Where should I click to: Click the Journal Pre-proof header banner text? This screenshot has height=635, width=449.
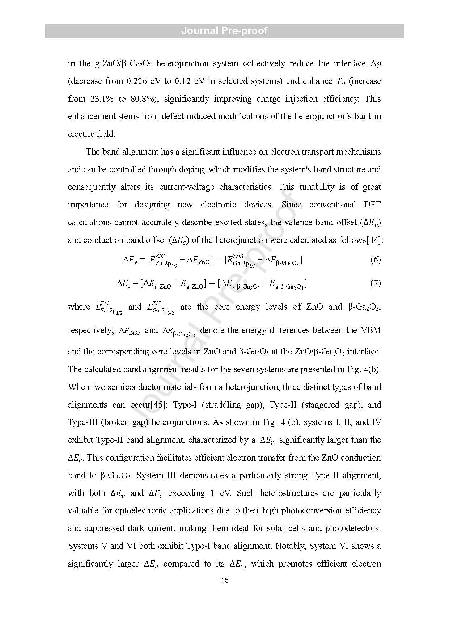tap(224, 31)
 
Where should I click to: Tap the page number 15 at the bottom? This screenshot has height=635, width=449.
tap(224, 581)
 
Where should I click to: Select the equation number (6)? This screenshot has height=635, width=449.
tap(375, 260)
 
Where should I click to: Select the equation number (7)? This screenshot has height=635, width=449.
tap(375, 283)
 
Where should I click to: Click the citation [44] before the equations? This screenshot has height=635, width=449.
tap(374, 240)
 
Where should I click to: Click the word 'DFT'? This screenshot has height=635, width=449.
tap(372, 205)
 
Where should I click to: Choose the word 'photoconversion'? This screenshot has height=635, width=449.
tap(310, 510)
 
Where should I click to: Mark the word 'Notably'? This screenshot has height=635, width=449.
tap(290, 546)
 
